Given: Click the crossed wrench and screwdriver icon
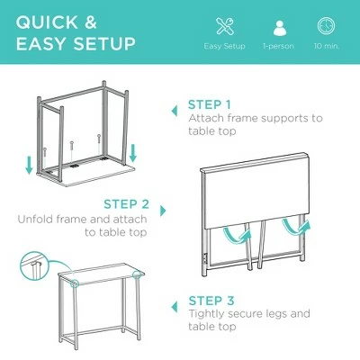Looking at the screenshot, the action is point(225,26).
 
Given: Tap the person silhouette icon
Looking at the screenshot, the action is point(280,28).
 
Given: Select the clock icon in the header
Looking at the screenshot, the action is point(327,26).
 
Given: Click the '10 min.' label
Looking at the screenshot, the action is point(327,46).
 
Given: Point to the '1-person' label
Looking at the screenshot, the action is point(278,46).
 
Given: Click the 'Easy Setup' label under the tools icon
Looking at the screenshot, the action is point(225,46).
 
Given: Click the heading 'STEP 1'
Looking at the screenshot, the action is point(210,104).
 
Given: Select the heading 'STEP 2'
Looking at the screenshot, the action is point(127,204).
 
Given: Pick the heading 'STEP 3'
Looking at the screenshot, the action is point(211,301).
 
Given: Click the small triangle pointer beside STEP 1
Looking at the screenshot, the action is point(175,112).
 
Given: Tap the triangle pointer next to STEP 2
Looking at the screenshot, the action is point(163,211).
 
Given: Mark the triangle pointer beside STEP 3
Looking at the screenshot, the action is point(175,307).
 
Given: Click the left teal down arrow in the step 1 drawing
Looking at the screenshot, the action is point(29,165).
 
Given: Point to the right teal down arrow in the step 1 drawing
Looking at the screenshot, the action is point(133,153).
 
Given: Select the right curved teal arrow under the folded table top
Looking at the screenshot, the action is point(295,227).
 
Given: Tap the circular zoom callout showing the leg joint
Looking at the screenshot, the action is point(34,265).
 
